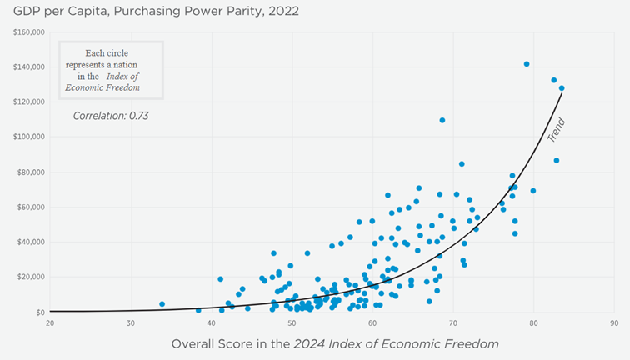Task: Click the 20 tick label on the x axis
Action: [x=50, y=322]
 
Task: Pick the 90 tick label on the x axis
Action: [x=613, y=322]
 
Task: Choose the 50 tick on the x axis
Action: [x=292, y=322]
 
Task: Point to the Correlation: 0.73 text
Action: [x=111, y=116]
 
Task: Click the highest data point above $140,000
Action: [x=527, y=64]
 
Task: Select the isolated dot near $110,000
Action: [x=442, y=120]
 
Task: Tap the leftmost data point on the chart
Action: [x=162, y=304]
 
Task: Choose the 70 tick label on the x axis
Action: [x=452, y=322]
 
